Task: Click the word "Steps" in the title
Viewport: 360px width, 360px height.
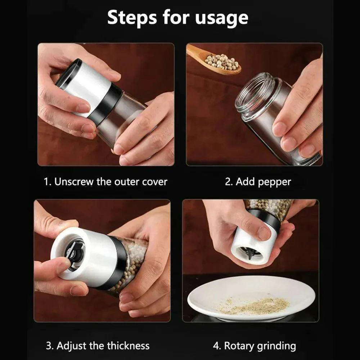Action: coord(132,17)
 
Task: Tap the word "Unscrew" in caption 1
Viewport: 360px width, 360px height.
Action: coord(74,181)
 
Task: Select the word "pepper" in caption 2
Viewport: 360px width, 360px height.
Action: coord(274,183)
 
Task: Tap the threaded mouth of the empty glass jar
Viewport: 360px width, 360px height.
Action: coord(255,92)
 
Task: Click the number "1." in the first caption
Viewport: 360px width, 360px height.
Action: coord(48,182)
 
